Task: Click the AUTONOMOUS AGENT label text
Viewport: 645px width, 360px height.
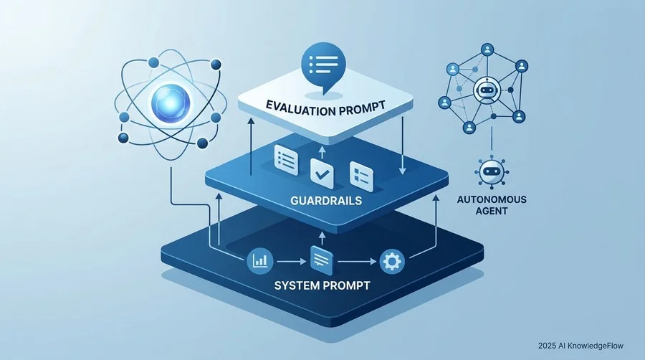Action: click(x=492, y=205)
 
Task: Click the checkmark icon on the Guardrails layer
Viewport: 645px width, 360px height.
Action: click(x=322, y=174)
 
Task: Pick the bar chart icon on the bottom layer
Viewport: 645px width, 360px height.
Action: click(x=260, y=260)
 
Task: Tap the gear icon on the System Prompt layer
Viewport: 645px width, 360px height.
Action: click(x=391, y=261)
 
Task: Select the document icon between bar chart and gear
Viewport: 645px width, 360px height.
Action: click(x=322, y=260)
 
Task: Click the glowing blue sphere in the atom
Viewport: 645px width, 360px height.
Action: click(x=171, y=103)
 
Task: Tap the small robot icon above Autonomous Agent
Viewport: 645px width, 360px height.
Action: click(x=492, y=172)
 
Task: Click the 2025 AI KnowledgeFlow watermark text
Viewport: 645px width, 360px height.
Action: click(x=580, y=346)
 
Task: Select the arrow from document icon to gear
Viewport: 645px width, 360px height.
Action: click(x=357, y=261)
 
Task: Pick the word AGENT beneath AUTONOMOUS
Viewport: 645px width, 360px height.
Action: click(x=492, y=211)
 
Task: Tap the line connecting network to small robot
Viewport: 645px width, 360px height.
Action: click(x=492, y=138)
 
